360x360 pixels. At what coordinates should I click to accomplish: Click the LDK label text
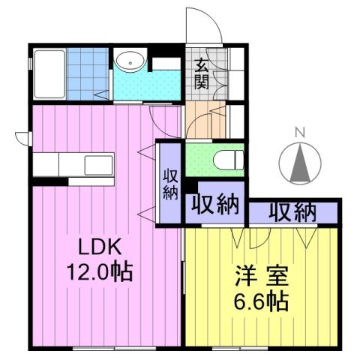coord(94,247)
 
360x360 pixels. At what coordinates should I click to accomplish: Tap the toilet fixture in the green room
coord(229,159)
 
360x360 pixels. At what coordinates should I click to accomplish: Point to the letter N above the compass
coord(299,133)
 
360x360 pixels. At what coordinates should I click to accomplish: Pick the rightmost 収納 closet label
coord(292,212)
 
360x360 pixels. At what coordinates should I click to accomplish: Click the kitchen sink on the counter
coord(97,164)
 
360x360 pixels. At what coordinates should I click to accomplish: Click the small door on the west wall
coord(22,138)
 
